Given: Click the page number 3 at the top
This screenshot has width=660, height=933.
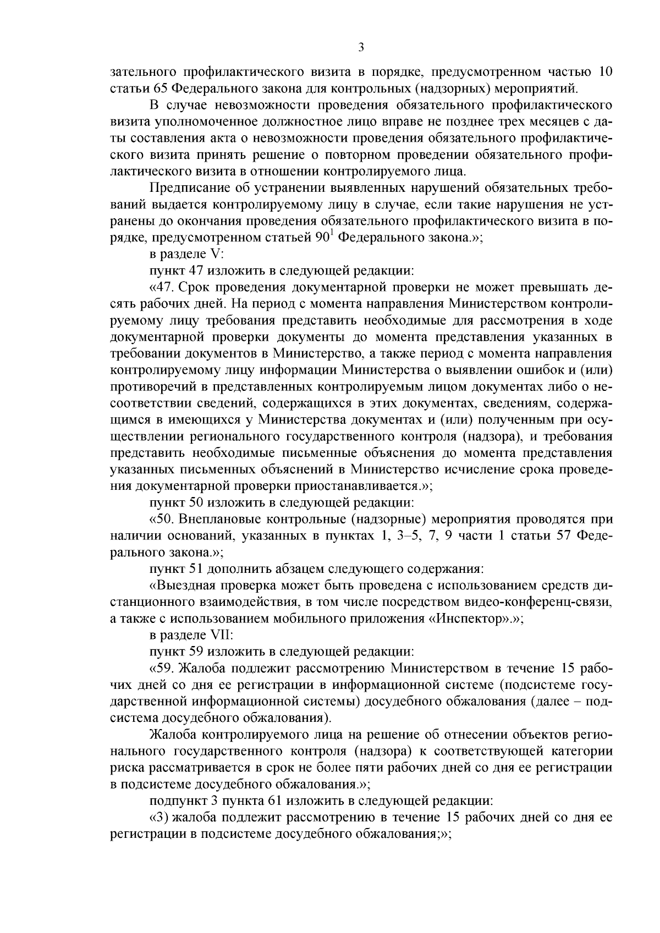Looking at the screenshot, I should [361, 48].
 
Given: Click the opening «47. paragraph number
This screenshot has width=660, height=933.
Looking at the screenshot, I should [163, 287].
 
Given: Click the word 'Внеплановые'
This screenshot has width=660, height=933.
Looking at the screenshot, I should [222, 518].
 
